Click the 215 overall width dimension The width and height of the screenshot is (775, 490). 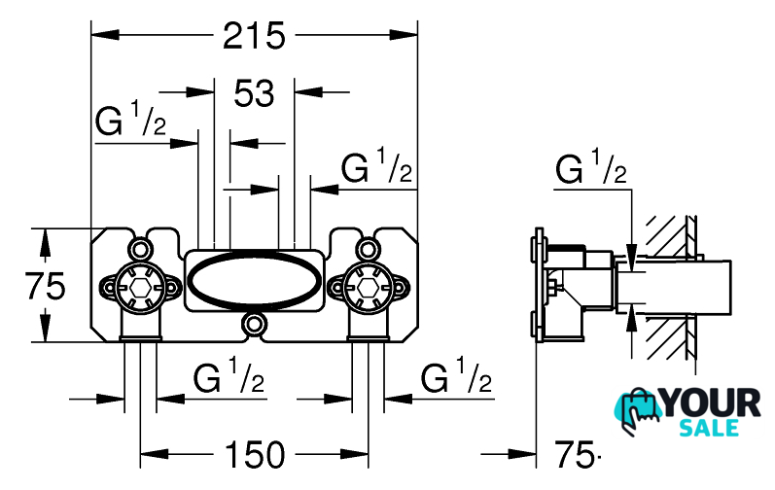[x=254, y=36]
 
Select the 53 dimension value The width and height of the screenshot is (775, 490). [x=255, y=93]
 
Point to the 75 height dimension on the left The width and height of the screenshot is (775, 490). [x=45, y=286]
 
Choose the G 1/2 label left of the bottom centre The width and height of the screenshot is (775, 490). [x=230, y=378]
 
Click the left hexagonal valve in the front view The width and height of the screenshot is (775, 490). [x=139, y=288]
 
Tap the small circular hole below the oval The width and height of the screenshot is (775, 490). [x=255, y=324]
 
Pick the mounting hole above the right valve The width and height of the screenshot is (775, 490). [x=367, y=245]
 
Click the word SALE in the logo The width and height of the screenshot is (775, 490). [x=714, y=428]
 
